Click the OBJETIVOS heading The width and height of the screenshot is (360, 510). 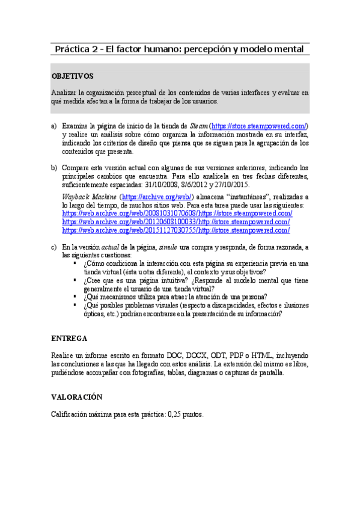(x=72, y=76)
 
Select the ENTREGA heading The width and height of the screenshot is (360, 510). (x=69, y=338)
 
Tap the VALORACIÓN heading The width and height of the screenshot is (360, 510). (x=76, y=397)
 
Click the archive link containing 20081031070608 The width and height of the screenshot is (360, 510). (x=169, y=214)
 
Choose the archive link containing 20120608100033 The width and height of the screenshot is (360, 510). (x=168, y=222)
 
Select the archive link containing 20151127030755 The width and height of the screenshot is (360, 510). (x=168, y=230)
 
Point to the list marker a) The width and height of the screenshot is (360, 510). (x=53, y=126)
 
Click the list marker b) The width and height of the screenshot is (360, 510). (x=53, y=168)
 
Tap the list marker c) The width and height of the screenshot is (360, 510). (x=53, y=247)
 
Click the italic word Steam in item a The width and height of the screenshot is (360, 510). (x=199, y=126)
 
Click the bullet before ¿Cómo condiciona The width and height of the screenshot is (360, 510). (x=75, y=263)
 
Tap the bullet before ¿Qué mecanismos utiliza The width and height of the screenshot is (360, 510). (x=75, y=296)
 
